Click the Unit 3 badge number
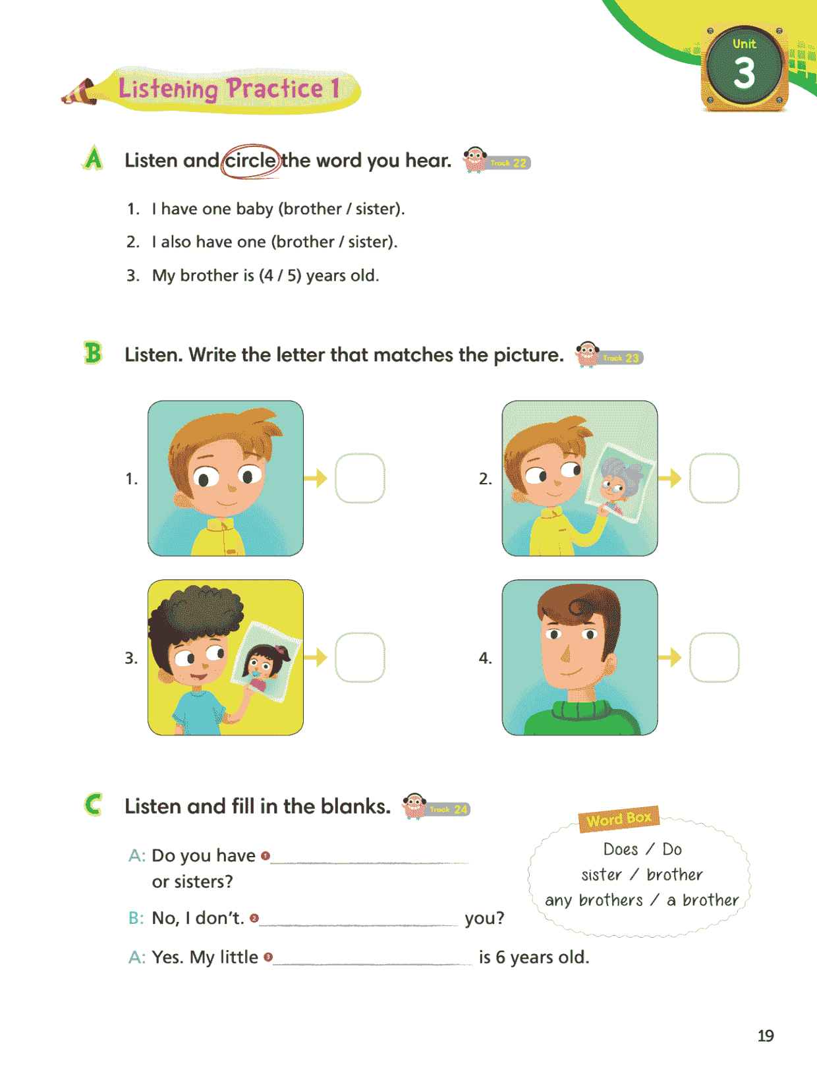(x=744, y=73)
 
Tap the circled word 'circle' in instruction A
(x=250, y=161)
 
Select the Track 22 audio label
(x=508, y=163)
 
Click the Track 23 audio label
(x=621, y=358)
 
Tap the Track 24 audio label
(x=448, y=809)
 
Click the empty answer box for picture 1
(x=360, y=478)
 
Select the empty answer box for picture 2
(x=714, y=478)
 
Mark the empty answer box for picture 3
(x=360, y=657)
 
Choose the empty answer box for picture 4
(x=714, y=657)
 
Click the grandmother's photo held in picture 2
(x=620, y=483)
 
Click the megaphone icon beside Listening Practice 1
(x=79, y=93)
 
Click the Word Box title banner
(x=619, y=819)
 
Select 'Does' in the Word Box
(x=621, y=849)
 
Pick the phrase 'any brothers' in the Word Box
(x=594, y=900)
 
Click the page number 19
(x=766, y=1036)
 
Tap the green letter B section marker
(x=93, y=353)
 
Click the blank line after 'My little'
(x=372, y=963)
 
